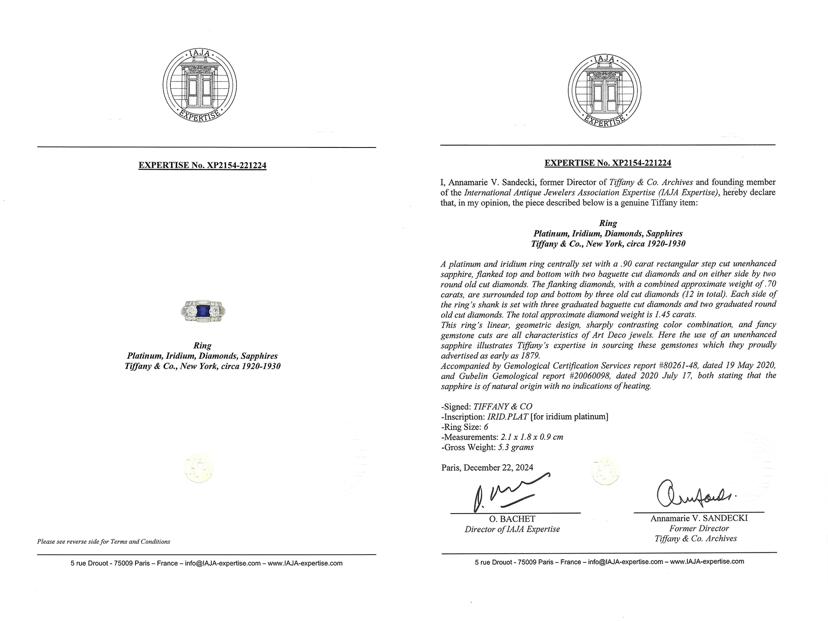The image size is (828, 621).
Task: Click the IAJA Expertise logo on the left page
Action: (200, 85)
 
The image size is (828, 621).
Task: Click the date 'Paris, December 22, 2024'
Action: (487, 467)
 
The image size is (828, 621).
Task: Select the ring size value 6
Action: (486, 427)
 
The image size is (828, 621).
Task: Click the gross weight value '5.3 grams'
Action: (516, 447)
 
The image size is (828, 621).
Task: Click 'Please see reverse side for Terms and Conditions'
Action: (103, 542)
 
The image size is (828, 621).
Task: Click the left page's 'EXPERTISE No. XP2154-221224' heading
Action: (202, 165)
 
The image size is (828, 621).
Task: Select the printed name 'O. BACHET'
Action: (512, 519)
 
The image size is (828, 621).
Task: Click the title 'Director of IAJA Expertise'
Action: (512, 530)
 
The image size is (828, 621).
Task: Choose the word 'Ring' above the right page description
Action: (608, 223)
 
